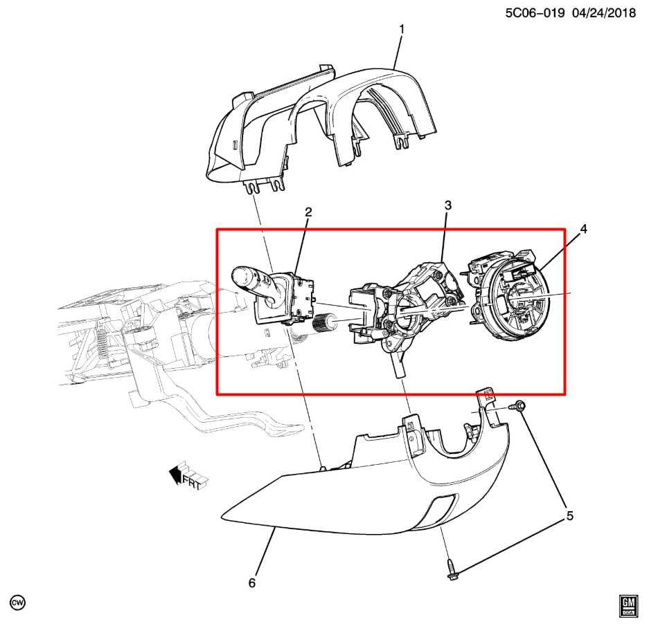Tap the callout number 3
tap(448, 205)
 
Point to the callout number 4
tap(584, 229)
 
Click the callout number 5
tap(570, 515)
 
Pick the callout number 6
tap(252, 583)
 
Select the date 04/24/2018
tap(603, 12)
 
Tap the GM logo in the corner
tap(628, 605)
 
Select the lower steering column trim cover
tap(360, 498)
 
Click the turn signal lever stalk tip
tap(242, 275)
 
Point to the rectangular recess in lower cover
tap(441, 510)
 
